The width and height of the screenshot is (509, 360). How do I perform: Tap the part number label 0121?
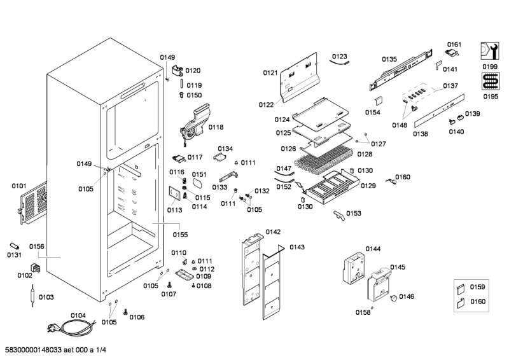pyautogui.click(x=270, y=73)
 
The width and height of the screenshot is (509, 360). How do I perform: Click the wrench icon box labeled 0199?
pyautogui.click(x=489, y=50)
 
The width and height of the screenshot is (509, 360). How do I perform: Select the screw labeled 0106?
pyautogui.click(x=125, y=312)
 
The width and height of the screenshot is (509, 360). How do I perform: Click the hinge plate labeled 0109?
pyautogui.click(x=185, y=275)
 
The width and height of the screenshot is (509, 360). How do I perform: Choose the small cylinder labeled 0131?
pyautogui.click(x=15, y=246)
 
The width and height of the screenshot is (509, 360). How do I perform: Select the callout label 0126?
pyautogui.click(x=288, y=149)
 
